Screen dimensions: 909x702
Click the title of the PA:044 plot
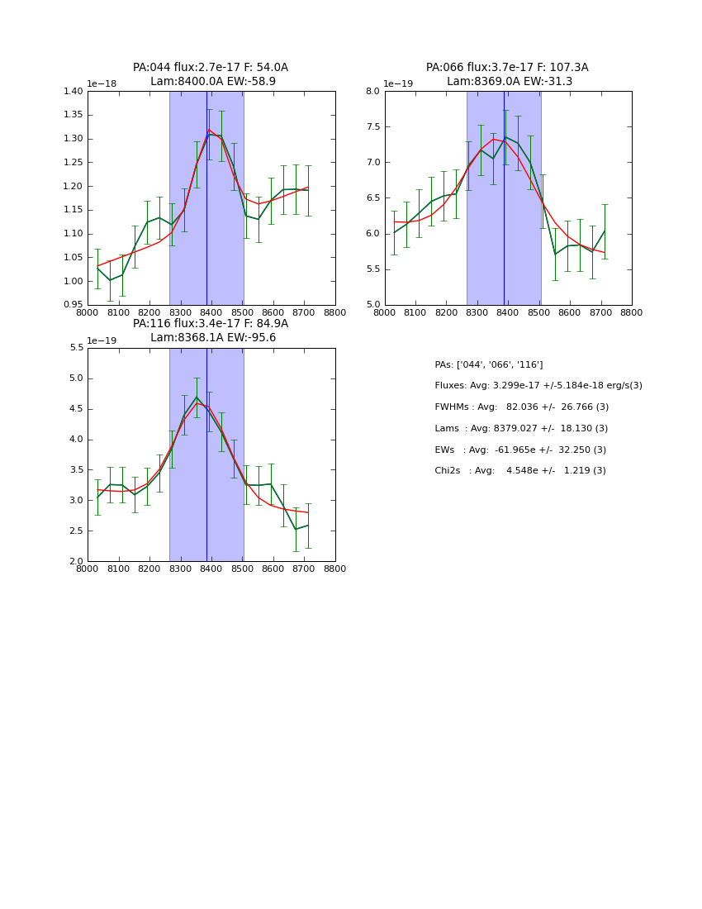click(211, 74)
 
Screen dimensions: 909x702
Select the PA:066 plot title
click(507, 74)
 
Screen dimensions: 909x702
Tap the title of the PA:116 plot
click(211, 331)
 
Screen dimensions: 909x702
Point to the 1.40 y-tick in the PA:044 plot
click(74, 91)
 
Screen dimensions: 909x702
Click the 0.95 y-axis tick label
click(74, 305)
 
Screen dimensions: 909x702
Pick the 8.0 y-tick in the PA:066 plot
click(372, 91)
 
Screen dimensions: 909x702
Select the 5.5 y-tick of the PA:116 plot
click(76, 348)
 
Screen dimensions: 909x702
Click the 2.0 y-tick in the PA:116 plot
click(76, 561)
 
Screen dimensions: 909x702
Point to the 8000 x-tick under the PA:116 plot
click(88, 569)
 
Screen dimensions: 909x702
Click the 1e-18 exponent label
click(103, 83)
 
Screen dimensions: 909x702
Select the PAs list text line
click(489, 364)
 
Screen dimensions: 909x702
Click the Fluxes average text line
click(538, 386)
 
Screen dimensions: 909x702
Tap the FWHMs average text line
click(521, 407)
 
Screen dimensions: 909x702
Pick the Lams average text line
click(521, 429)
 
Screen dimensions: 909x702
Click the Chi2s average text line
click(520, 471)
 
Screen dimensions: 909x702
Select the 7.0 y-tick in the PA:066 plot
click(372, 162)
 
